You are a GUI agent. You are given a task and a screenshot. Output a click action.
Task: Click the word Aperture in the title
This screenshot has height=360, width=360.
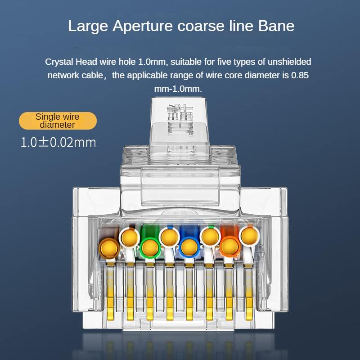pos(142,27)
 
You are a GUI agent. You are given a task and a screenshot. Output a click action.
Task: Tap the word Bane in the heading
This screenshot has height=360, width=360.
pos(276,26)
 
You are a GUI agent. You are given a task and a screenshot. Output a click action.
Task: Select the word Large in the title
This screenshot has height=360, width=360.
pos(88,27)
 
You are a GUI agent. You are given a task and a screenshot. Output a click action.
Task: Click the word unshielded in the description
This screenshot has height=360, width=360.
pos(289,62)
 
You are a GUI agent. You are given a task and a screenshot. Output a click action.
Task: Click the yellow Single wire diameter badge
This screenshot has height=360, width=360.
pos(58,121)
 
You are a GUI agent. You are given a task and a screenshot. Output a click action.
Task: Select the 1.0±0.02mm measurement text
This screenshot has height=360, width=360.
pos(58,142)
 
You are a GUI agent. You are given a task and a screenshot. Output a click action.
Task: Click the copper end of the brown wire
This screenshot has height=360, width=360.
pos(109,249)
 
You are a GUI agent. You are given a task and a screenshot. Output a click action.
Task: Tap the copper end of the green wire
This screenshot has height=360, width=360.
pos(150,248)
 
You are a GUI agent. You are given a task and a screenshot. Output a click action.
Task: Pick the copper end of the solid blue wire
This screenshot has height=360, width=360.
pos(189,248)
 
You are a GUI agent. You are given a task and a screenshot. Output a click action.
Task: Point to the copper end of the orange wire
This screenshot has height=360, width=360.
pos(229,247)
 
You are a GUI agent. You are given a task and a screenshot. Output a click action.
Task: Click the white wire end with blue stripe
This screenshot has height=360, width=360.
pos(170,237)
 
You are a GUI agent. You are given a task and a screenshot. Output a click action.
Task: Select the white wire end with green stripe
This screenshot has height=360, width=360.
pos(210,236)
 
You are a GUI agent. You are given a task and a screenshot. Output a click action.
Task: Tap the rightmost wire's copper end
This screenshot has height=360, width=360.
pos(249,236)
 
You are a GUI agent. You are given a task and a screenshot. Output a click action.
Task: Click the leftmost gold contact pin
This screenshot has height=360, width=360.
pos(110,292)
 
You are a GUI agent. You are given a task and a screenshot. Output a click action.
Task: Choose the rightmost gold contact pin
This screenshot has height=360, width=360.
pos(249,292)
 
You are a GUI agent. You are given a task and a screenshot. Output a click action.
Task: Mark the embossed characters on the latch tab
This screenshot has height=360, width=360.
pos(180,119)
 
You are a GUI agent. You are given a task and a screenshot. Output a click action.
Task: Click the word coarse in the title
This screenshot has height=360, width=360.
pos(201,26)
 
